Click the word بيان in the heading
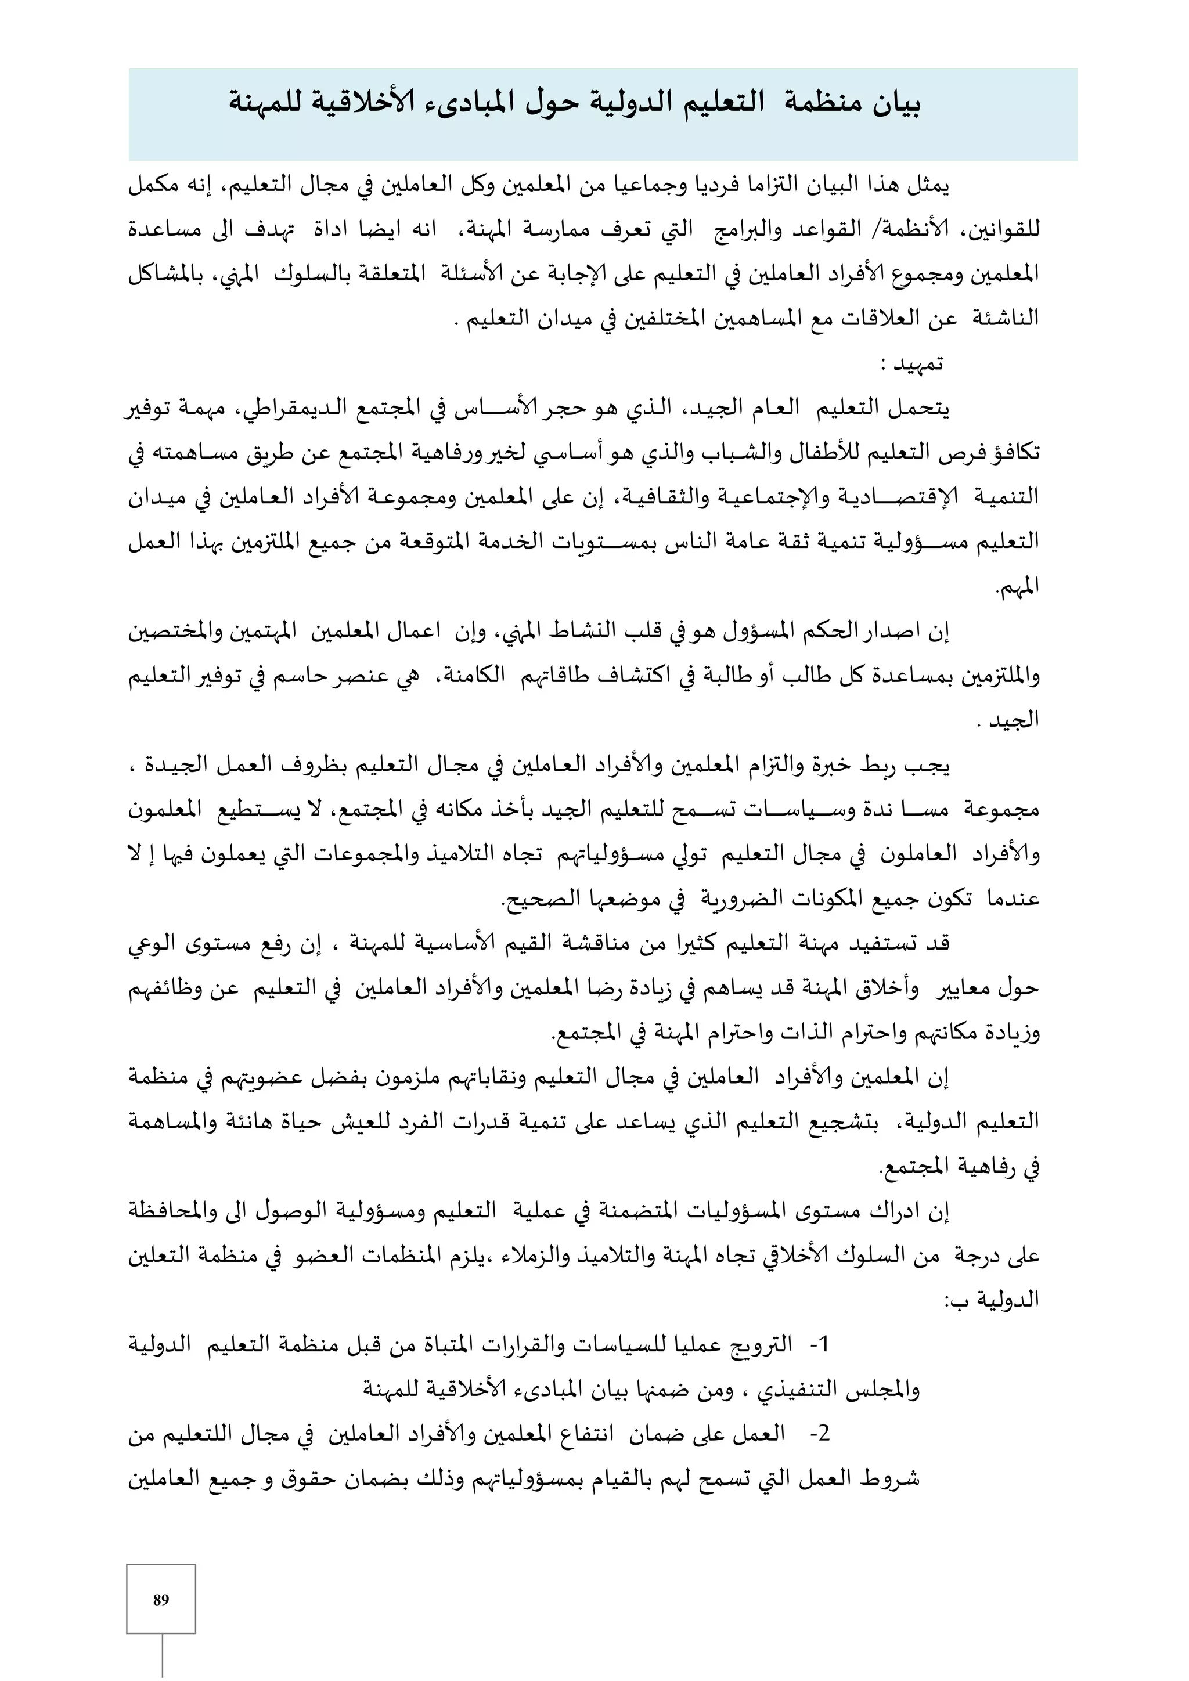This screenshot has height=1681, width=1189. [895, 103]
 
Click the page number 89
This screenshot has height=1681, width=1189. [161, 1599]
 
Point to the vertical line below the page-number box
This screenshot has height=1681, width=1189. [162, 1656]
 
